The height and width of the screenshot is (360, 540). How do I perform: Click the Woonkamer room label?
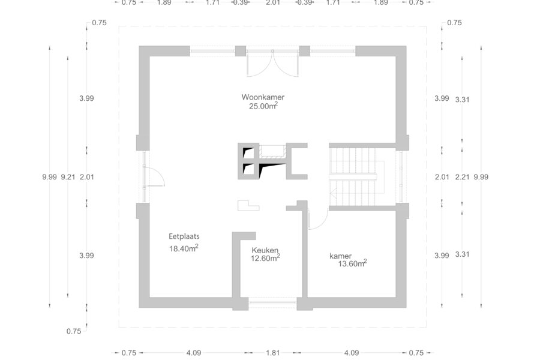tap(263, 97)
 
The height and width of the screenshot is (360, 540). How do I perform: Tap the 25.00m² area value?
tap(263, 106)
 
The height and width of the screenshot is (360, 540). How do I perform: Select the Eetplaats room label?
tap(184, 236)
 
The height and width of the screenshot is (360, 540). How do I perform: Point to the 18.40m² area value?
tap(184, 248)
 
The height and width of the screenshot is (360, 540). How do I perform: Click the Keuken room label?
tap(265, 250)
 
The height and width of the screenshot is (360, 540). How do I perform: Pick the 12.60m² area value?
tap(265, 257)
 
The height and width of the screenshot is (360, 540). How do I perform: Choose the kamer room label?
tap(340, 256)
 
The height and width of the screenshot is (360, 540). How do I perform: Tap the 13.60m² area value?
tap(352, 263)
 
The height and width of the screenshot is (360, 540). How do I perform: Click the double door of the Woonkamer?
tap(272, 62)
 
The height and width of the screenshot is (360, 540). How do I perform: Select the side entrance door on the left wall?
tap(154, 176)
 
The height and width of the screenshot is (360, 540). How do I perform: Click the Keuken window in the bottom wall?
tap(272, 302)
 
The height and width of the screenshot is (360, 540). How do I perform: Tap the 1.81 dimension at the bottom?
tap(273, 353)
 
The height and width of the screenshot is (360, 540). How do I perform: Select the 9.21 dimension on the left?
tap(68, 177)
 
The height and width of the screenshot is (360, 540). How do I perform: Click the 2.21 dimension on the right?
tap(462, 177)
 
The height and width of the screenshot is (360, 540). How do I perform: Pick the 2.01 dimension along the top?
tap(272, 3)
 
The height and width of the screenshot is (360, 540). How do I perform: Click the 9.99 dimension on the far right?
tap(481, 177)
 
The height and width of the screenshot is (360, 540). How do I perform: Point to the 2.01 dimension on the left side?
tap(87, 177)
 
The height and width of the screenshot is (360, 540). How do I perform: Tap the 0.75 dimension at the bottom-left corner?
tap(74, 331)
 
